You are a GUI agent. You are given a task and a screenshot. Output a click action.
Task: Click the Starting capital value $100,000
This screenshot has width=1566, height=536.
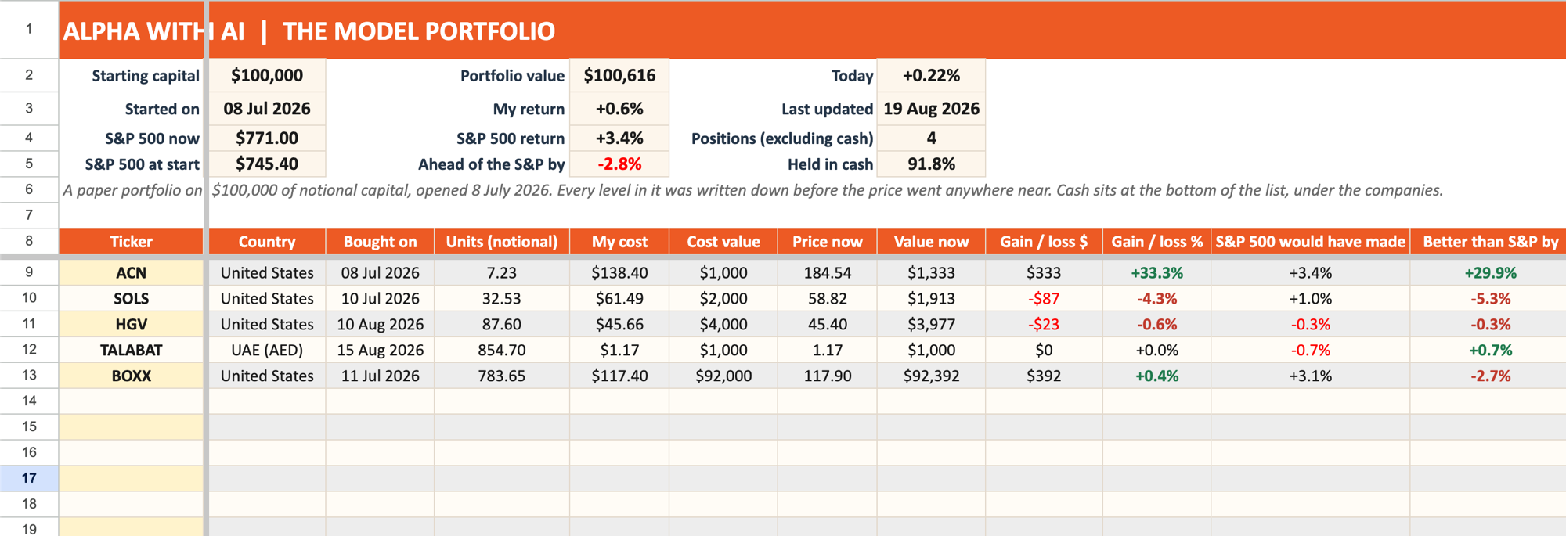pyautogui.click(x=267, y=76)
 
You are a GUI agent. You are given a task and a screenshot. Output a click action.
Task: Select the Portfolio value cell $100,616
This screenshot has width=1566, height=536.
pyautogui.click(x=619, y=76)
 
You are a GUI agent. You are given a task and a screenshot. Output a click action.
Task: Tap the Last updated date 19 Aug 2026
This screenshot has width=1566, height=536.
pyautogui.click(x=931, y=109)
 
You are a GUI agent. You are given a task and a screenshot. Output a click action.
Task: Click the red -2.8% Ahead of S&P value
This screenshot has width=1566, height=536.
pyautogui.click(x=619, y=164)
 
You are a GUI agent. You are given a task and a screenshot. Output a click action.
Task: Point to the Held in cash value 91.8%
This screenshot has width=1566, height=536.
pyautogui.click(x=931, y=164)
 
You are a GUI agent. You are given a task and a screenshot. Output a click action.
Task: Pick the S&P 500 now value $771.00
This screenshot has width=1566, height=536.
pyautogui.click(x=267, y=138)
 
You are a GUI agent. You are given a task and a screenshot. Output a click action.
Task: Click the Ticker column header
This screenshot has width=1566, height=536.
pyautogui.click(x=131, y=242)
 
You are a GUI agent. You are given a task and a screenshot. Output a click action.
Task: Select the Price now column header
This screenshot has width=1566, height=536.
pyautogui.click(x=827, y=242)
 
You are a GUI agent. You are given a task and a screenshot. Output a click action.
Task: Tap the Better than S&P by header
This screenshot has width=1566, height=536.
pyautogui.click(x=1490, y=242)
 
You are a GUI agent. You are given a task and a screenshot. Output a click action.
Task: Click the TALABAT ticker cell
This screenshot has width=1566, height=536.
pyautogui.click(x=131, y=350)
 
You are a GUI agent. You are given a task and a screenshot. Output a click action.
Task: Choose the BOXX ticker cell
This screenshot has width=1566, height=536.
pyautogui.click(x=131, y=376)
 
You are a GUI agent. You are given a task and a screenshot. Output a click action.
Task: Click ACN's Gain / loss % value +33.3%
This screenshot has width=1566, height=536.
pyautogui.click(x=1156, y=273)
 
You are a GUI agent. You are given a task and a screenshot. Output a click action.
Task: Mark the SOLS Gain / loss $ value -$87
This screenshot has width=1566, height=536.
pyautogui.click(x=1044, y=299)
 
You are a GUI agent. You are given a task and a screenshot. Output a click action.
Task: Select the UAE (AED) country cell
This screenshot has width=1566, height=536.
pyautogui.click(x=267, y=350)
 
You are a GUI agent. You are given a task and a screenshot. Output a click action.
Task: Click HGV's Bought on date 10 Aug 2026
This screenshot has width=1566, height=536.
pyautogui.click(x=380, y=324)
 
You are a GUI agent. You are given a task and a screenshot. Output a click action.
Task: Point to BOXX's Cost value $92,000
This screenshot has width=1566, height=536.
pyautogui.click(x=723, y=376)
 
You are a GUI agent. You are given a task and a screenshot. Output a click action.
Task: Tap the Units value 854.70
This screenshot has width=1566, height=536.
pyautogui.click(x=502, y=350)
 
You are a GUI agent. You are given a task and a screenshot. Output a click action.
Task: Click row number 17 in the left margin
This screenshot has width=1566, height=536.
pyautogui.click(x=29, y=478)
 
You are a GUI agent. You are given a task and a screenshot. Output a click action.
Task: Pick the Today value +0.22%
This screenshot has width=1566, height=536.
pyautogui.click(x=931, y=76)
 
